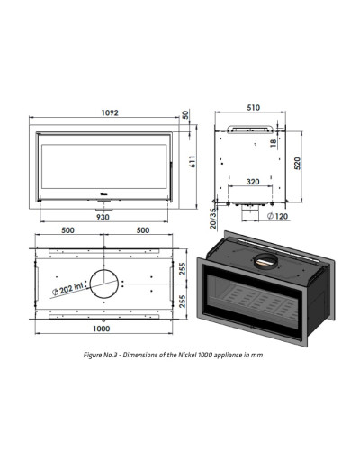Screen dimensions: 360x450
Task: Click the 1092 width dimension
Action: [x=110, y=112]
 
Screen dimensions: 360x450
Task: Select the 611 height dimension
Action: [x=193, y=161]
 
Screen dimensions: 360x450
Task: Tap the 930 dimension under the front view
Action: [x=103, y=217]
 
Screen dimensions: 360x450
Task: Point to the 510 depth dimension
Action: [x=253, y=107]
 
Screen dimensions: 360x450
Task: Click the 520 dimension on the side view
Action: [x=297, y=163]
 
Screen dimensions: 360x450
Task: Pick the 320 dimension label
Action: [x=253, y=182]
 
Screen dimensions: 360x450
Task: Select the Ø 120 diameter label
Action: [x=277, y=216]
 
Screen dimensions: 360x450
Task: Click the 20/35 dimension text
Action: [x=213, y=219]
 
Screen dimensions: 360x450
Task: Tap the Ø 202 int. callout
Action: [x=67, y=289]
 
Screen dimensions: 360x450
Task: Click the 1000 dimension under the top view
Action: [x=102, y=328]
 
